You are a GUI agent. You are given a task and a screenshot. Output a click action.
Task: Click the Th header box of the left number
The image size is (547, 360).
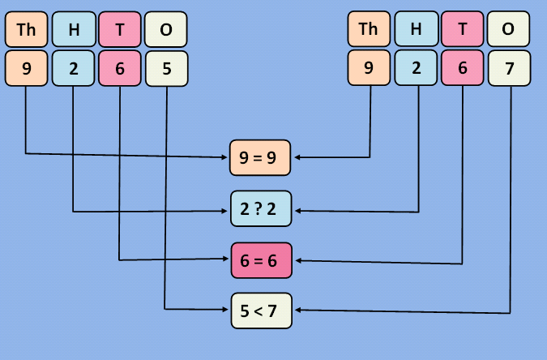(x=26, y=30)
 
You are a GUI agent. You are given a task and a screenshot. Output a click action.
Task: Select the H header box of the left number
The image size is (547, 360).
(x=74, y=30)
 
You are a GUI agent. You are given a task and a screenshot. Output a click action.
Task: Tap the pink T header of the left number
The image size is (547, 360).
(x=120, y=30)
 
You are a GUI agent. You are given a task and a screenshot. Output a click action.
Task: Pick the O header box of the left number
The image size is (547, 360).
(x=166, y=30)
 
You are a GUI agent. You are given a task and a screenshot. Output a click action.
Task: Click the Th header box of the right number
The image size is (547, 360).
(x=369, y=30)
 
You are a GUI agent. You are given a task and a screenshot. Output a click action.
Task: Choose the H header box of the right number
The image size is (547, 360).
(x=417, y=30)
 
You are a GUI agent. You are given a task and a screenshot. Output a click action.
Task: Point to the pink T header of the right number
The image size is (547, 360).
(x=463, y=30)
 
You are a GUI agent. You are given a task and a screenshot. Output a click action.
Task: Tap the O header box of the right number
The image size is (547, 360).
(x=509, y=30)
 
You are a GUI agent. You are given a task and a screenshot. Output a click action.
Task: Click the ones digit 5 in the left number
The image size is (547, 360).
(x=166, y=68)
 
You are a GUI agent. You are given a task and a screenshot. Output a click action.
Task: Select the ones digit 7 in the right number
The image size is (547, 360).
(x=509, y=68)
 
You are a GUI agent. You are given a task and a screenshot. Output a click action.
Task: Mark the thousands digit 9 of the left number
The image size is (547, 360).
(x=26, y=68)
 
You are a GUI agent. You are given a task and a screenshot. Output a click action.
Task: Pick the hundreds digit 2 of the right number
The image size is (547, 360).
(x=417, y=68)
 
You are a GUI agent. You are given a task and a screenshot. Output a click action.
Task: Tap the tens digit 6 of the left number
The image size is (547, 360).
(x=120, y=68)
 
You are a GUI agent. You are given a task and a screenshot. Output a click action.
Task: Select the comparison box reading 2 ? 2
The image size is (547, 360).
(x=260, y=211)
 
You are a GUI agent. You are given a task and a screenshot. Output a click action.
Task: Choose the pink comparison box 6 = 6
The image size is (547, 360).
(x=260, y=260)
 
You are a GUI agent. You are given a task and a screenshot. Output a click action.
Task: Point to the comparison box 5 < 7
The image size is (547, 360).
(x=260, y=310)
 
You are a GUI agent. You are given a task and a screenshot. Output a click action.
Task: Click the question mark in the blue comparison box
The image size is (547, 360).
(x=259, y=211)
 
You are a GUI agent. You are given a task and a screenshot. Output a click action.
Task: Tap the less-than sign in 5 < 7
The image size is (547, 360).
(x=259, y=310)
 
